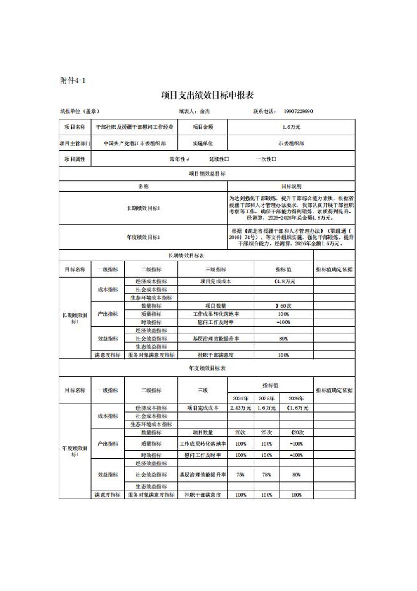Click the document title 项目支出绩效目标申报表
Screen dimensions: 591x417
207,95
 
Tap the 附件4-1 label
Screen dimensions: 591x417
73,80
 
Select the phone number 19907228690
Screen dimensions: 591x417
298,111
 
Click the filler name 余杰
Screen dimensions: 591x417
204,111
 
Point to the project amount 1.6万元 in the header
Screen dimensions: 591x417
291,127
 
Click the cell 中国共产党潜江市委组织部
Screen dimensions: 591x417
134,143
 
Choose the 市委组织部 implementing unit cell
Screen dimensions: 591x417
291,143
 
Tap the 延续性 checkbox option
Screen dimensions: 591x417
219,159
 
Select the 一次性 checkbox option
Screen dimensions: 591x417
266,159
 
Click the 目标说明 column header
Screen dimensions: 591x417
291,186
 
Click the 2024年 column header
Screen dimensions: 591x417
240,398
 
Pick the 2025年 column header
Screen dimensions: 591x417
266,398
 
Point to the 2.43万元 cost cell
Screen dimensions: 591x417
240,408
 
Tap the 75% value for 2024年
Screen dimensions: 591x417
240,474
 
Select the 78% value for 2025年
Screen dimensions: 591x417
266,474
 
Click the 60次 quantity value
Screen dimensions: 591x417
284,306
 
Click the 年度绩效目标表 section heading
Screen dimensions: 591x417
207,368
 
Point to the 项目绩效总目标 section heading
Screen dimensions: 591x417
207,174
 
